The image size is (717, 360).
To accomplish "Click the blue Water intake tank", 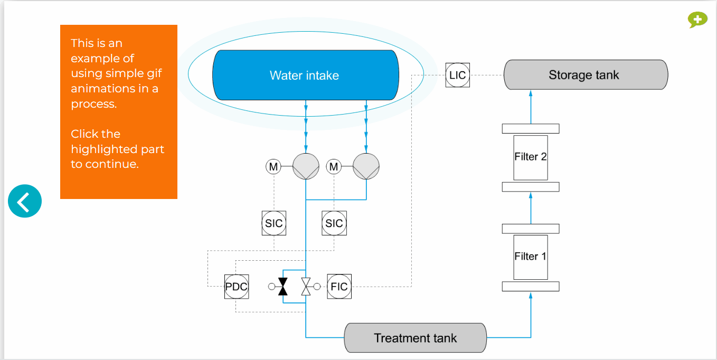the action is [306, 75].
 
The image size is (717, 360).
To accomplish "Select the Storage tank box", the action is [586, 75].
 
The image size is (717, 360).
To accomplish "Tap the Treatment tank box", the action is [416, 338].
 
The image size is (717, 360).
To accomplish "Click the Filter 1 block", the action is [531, 257].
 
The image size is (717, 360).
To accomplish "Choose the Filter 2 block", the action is [531, 157].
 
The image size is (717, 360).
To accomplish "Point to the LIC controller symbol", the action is [458, 75].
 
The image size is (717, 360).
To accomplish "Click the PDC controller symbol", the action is [237, 287].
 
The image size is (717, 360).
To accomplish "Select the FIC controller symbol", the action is [339, 287].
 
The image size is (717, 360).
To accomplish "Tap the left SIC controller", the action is [274, 223].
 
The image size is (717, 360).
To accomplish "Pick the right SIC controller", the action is [334, 223].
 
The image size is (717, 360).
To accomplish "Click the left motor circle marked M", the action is [273, 167].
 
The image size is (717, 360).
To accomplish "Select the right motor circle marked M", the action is [334, 167].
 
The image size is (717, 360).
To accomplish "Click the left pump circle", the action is [306, 166].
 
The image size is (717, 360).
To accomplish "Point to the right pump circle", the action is [366, 166].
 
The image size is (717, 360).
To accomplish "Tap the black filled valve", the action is [282, 287].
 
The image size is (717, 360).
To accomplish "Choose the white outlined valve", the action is [306, 287].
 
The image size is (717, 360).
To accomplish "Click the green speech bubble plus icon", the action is [697, 20].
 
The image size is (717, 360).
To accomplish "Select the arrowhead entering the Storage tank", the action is [531, 93].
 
